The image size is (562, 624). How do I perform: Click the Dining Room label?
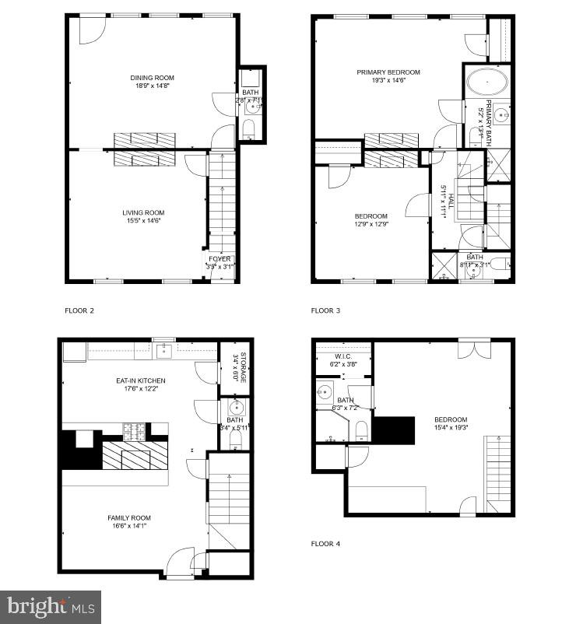152,78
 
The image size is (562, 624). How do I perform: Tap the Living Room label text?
143,212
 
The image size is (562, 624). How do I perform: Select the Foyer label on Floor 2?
220,259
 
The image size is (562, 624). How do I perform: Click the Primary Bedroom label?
388,72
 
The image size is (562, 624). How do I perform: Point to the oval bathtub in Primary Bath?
486,82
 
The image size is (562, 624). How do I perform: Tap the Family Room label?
129,517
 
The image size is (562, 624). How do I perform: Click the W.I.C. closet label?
342,357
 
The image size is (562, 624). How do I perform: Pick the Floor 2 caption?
79,310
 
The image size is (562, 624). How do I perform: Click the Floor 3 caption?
325,310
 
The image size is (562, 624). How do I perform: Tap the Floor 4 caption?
325,544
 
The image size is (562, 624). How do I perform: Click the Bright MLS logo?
51,605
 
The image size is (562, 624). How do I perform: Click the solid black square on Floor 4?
395,429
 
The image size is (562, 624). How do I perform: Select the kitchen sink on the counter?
163,351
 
